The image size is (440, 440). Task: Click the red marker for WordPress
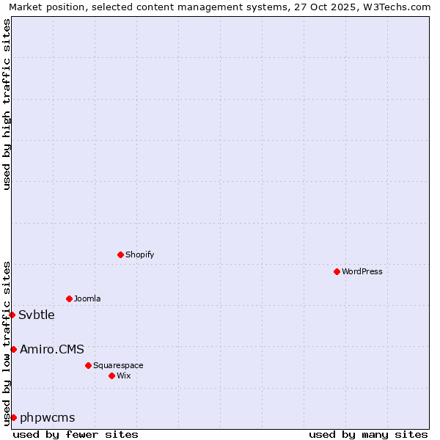(x=337, y=271)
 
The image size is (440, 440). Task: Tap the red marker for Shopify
(x=120, y=254)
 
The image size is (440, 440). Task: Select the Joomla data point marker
(x=69, y=298)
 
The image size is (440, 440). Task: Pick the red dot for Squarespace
(x=88, y=365)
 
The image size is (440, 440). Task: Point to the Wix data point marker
(x=111, y=375)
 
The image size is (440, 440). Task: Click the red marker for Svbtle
(x=12, y=315)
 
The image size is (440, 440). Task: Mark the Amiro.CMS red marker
(x=13, y=349)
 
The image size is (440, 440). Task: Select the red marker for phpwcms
(x=13, y=417)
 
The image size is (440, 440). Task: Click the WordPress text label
(x=362, y=272)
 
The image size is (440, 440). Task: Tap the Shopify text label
(x=140, y=255)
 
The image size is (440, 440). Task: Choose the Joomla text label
(x=87, y=299)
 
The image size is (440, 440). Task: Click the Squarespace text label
(x=118, y=366)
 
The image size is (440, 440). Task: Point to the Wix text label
(x=124, y=376)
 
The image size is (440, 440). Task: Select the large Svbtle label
(x=37, y=315)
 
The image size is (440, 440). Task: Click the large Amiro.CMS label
(x=52, y=350)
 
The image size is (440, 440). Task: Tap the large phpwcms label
(x=48, y=418)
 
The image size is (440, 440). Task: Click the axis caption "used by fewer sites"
(x=76, y=435)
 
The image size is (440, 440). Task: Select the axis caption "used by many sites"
(x=368, y=435)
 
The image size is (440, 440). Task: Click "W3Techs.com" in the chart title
(x=400, y=7)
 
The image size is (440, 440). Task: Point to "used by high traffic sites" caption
(x=7, y=104)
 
